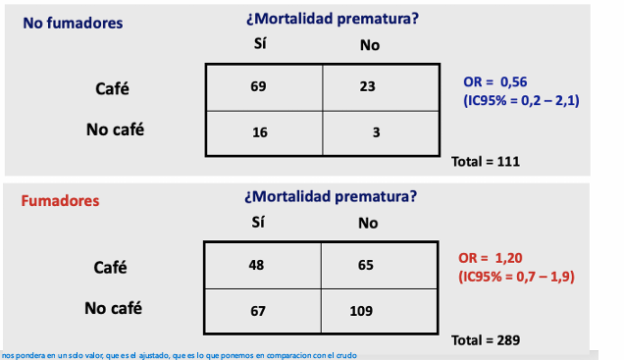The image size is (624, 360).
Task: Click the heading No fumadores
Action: point(74,22)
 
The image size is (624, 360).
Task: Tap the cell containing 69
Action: point(259,86)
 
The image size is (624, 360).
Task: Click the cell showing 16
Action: point(259,131)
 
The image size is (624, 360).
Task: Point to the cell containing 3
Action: point(376,131)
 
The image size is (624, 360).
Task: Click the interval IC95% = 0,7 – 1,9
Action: point(515,277)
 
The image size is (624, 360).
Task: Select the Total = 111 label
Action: point(484,161)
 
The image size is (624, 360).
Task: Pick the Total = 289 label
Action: point(484,340)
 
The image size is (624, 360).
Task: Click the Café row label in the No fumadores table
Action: point(113,88)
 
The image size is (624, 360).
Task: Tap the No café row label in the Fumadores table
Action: point(113,309)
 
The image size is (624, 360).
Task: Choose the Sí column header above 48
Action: point(259,223)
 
